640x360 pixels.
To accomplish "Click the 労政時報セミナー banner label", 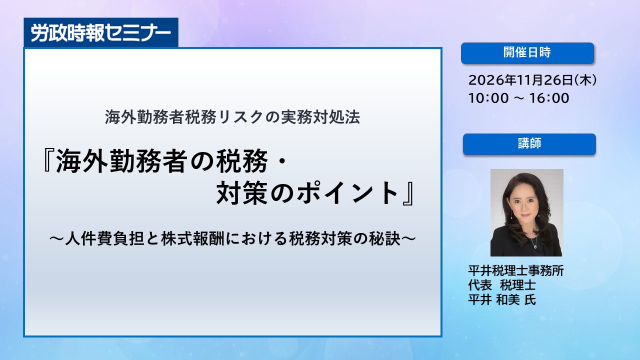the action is click(x=101, y=32).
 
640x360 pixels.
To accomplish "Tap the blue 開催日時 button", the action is click(x=527, y=53).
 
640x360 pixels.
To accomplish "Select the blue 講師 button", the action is click(x=529, y=144).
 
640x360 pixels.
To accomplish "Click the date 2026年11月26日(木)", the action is click(x=532, y=80).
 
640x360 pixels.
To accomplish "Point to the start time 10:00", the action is click(x=488, y=98).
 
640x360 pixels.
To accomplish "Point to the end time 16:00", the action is click(x=549, y=98).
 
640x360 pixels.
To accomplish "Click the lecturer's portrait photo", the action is click(x=527, y=212).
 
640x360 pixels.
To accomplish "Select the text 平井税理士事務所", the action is click(x=516, y=270).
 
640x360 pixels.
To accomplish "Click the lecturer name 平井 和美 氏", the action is click(x=502, y=299).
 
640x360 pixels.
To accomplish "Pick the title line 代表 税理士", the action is click(x=502, y=285).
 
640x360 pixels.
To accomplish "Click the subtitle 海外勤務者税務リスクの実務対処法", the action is click(x=232, y=117).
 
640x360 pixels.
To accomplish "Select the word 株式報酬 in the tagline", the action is click(x=193, y=238).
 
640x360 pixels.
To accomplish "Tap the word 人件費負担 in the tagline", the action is click(x=104, y=238).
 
